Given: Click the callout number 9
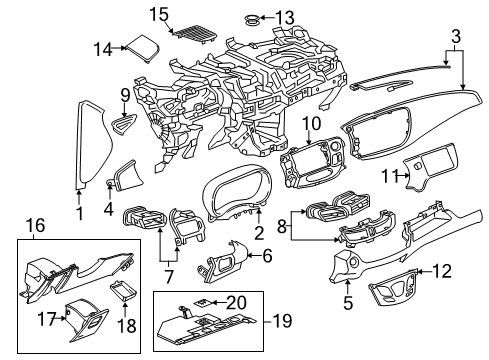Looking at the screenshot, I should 125,95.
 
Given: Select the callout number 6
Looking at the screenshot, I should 266,256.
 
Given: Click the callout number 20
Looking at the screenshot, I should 235,301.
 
